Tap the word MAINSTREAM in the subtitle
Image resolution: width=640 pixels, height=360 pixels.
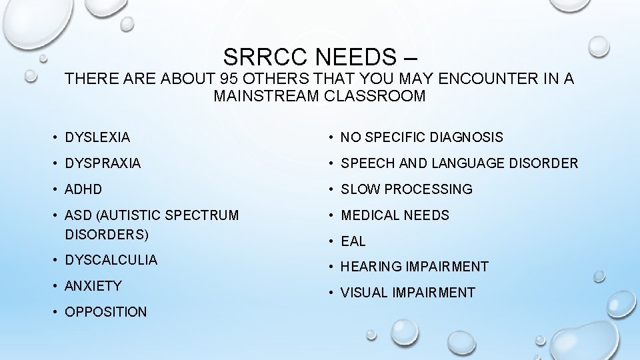[x=267, y=96]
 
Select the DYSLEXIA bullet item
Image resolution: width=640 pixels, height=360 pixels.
[x=97, y=137]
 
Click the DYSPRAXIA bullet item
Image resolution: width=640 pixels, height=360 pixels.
[x=103, y=163]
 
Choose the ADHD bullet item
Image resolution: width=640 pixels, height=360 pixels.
[x=83, y=189]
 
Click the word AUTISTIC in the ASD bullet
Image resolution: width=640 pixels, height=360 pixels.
[x=131, y=215]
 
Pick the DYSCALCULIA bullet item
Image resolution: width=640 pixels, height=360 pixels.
[x=111, y=260]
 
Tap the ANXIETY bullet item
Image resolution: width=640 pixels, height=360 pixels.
[x=93, y=286]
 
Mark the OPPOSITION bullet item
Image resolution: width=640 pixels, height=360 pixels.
[x=105, y=312]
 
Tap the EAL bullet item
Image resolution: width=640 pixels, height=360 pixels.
[x=353, y=241]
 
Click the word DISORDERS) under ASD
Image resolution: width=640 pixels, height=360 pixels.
[x=107, y=235]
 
